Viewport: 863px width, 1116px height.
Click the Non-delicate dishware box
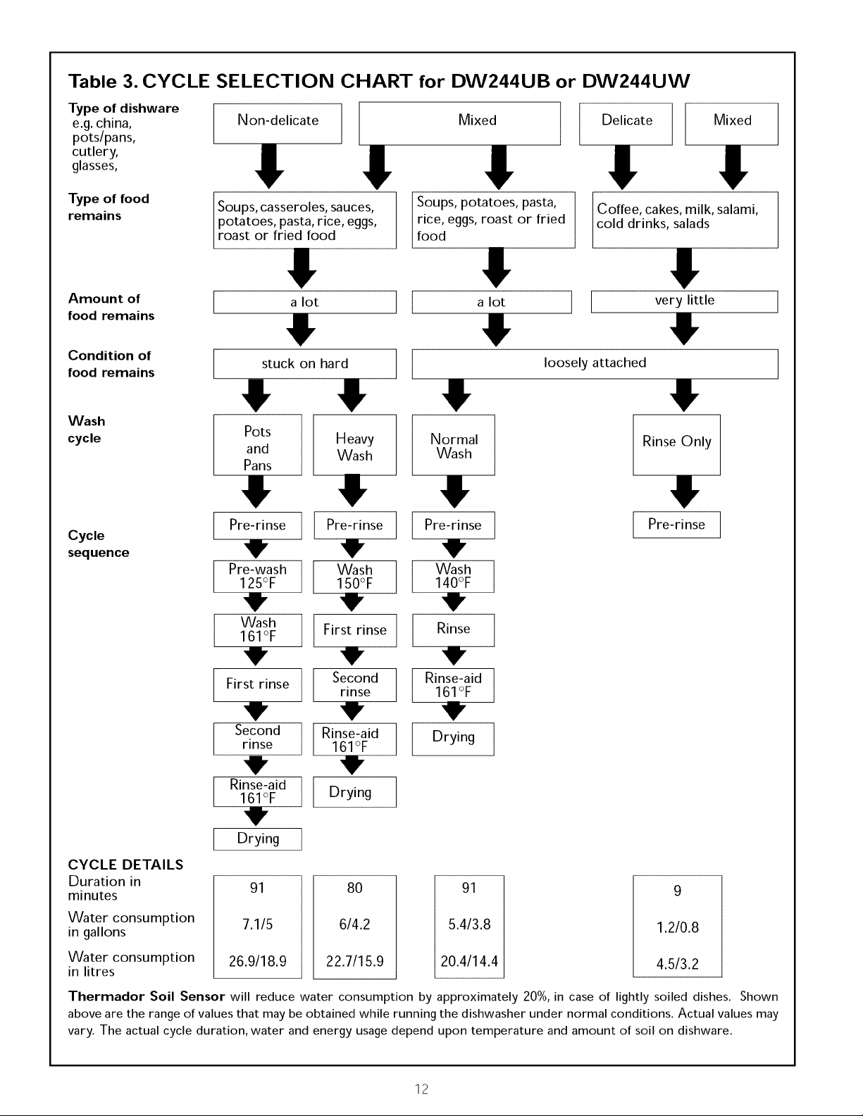[278, 123]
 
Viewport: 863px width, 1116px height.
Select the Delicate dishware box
[626, 124]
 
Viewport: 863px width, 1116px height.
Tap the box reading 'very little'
[684, 301]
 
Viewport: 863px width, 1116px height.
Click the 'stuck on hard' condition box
[304, 363]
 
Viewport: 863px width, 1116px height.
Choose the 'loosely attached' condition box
[595, 363]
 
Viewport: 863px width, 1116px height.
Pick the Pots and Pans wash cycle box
[257, 445]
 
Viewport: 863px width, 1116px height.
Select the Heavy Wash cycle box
[354, 445]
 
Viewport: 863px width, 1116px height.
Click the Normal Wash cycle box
[453, 445]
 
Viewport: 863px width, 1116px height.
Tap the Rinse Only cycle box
[676, 445]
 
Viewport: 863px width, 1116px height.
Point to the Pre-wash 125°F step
[257, 577]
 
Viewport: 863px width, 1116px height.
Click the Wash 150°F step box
[354, 577]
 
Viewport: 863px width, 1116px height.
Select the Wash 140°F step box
[453, 576]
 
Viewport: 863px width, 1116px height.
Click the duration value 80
[354, 888]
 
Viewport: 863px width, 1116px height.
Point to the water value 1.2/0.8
[678, 927]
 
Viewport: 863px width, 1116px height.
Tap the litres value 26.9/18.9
[257, 961]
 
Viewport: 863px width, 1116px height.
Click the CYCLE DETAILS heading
[125, 865]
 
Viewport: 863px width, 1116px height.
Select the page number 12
[421, 1089]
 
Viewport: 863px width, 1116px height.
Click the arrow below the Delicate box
[623, 168]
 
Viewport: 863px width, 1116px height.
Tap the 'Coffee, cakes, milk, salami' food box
[685, 220]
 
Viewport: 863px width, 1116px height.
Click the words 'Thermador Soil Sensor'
[147, 997]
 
